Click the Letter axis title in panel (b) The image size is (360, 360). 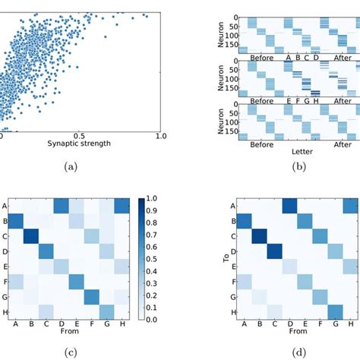(291, 152)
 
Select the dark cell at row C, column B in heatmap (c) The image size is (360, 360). (30, 238)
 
